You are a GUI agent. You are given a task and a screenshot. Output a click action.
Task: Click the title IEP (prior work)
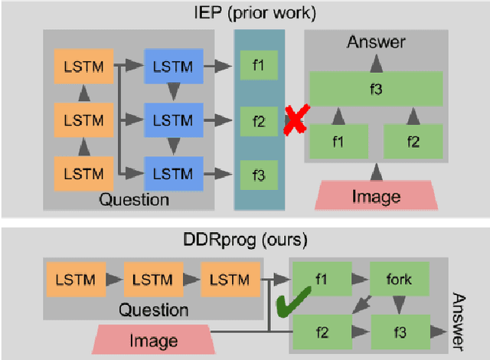[x=245, y=11]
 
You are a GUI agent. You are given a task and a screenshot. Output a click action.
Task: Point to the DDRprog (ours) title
[x=245, y=240]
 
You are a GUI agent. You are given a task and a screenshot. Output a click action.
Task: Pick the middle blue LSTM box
[x=174, y=120]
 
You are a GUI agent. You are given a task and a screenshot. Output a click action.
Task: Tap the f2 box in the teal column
[x=258, y=120]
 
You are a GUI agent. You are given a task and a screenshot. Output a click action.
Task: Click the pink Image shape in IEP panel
[x=375, y=196]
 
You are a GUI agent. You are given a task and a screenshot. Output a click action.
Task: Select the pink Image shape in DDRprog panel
[x=154, y=340]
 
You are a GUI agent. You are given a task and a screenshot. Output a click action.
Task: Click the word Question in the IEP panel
[x=133, y=200]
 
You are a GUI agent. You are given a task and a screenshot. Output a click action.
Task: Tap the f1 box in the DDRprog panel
[x=321, y=280]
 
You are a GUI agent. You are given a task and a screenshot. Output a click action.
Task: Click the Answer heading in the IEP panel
[x=376, y=43]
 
